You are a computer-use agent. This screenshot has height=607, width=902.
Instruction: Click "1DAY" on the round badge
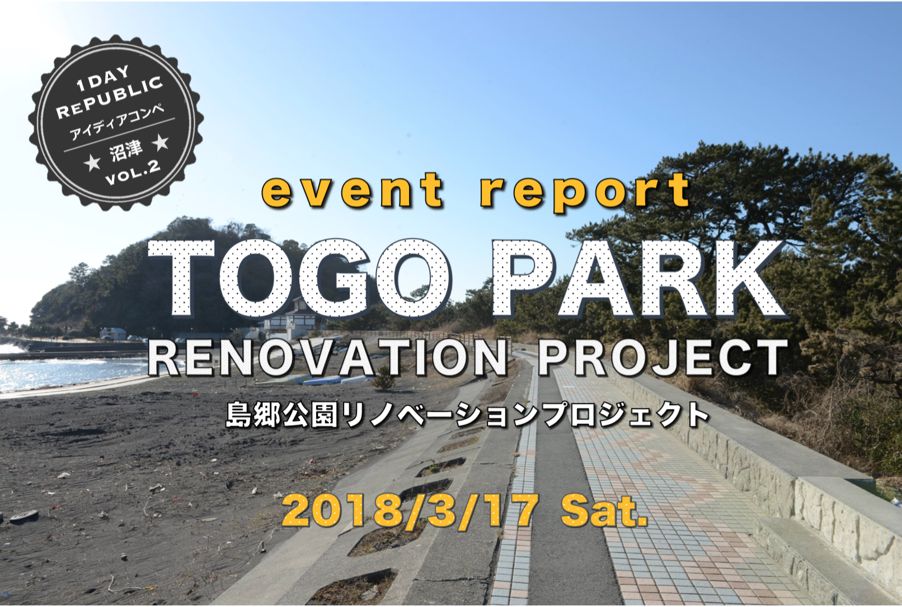point(104,79)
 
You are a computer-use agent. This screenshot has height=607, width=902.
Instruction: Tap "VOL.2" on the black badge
point(133,172)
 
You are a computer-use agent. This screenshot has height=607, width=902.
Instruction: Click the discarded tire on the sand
point(24,517)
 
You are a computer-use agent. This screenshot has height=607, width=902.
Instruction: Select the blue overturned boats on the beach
point(330,378)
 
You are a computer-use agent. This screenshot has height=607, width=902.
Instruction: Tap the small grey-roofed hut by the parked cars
point(113,333)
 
